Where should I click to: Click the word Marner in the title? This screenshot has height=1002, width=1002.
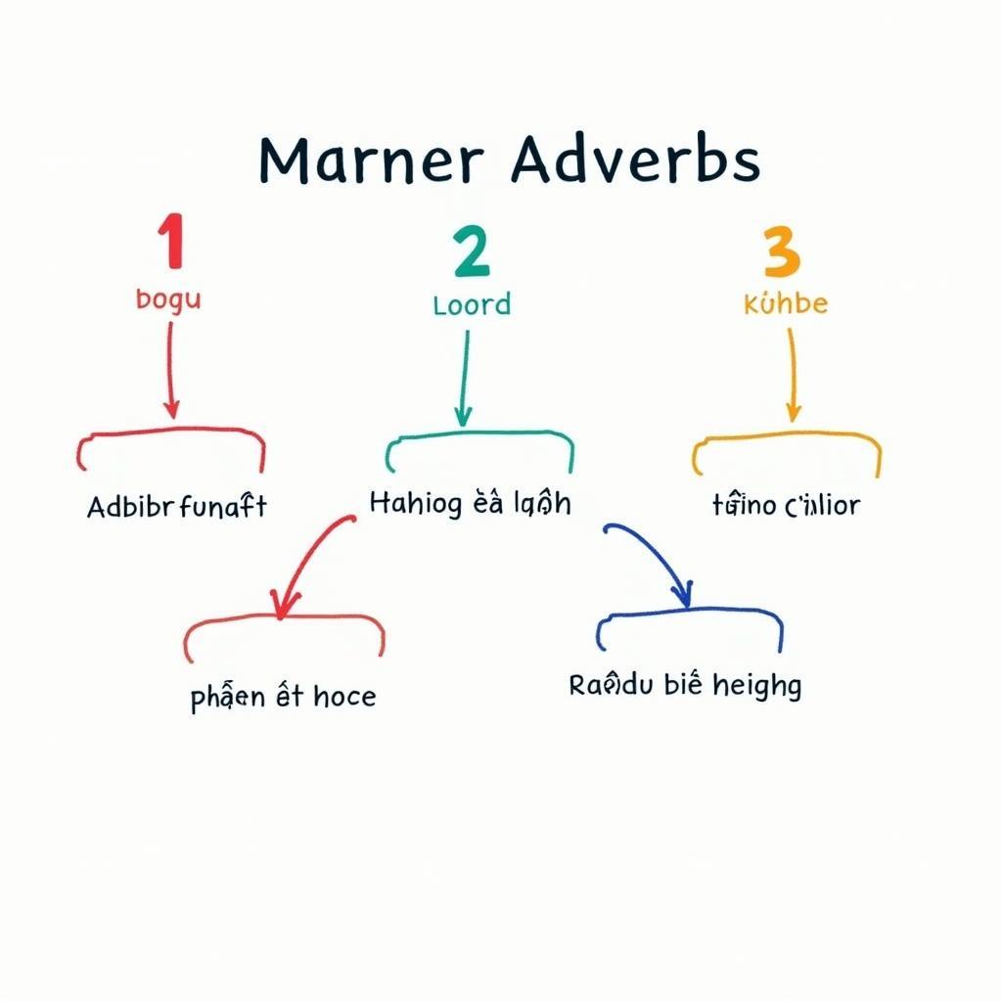point(371,160)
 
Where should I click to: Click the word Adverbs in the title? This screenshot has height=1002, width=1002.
point(635,160)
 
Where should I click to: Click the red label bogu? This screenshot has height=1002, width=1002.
point(168,298)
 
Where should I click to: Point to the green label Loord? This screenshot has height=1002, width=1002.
point(472,304)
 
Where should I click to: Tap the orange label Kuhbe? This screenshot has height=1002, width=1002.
point(785,303)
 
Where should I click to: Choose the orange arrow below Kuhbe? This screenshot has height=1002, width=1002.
point(791,373)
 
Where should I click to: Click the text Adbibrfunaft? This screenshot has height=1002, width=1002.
point(176,507)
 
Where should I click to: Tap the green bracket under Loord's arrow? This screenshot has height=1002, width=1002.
point(479,437)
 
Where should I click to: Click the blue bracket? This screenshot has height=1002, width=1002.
point(690,620)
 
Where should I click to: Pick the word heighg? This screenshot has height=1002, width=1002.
point(756,686)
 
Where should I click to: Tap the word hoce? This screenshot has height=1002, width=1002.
point(344,697)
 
